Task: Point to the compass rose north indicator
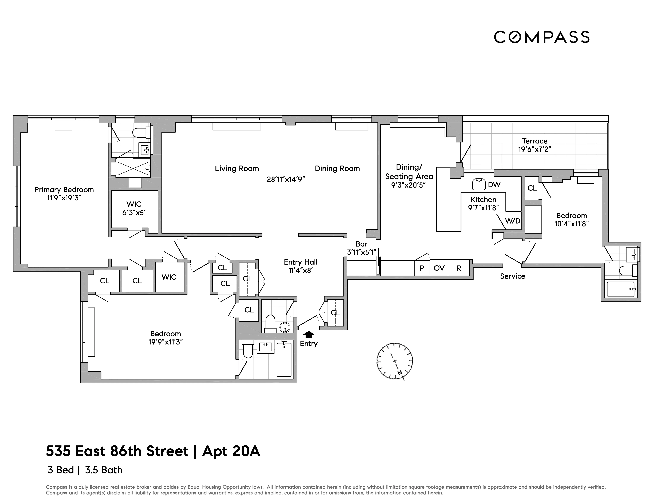[x=399, y=373]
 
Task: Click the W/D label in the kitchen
[x=513, y=221]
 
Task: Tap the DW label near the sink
[x=494, y=185]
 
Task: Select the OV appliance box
[x=439, y=268]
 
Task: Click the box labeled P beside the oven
[x=422, y=268]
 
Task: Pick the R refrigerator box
[x=459, y=268]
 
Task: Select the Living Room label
[x=237, y=169]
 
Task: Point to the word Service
[x=513, y=276]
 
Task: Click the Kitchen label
[x=483, y=199]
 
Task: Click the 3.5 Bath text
[x=104, y=470]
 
